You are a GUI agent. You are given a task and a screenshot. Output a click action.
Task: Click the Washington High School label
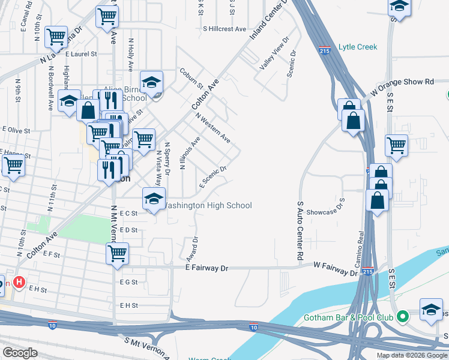(x=207, y=205)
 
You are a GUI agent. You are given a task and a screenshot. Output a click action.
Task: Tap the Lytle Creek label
(x=358, y=46)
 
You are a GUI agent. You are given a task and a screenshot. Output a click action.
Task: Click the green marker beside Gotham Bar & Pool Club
(x=404, y=316)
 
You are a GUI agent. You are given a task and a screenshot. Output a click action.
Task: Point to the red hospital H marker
(x=19, y=281)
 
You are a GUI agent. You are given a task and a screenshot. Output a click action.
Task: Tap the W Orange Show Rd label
(x=402, y=87)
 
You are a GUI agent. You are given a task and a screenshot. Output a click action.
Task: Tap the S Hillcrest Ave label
(x=224, y=28)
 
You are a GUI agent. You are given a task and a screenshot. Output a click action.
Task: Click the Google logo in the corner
(x=20, y=353)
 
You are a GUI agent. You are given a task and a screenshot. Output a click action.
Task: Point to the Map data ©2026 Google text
(x=411, y=355)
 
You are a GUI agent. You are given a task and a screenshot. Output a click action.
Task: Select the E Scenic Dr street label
(x=213, y=176)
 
